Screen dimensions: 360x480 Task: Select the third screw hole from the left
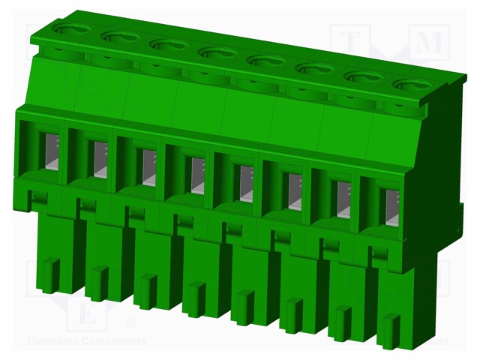coord(169,44)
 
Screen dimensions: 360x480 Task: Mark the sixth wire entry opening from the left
coord(293,190)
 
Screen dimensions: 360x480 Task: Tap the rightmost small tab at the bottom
coord(388,331)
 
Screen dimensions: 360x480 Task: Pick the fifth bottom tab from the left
coord(243,307)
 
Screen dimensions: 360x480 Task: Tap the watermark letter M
coord(429,43)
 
